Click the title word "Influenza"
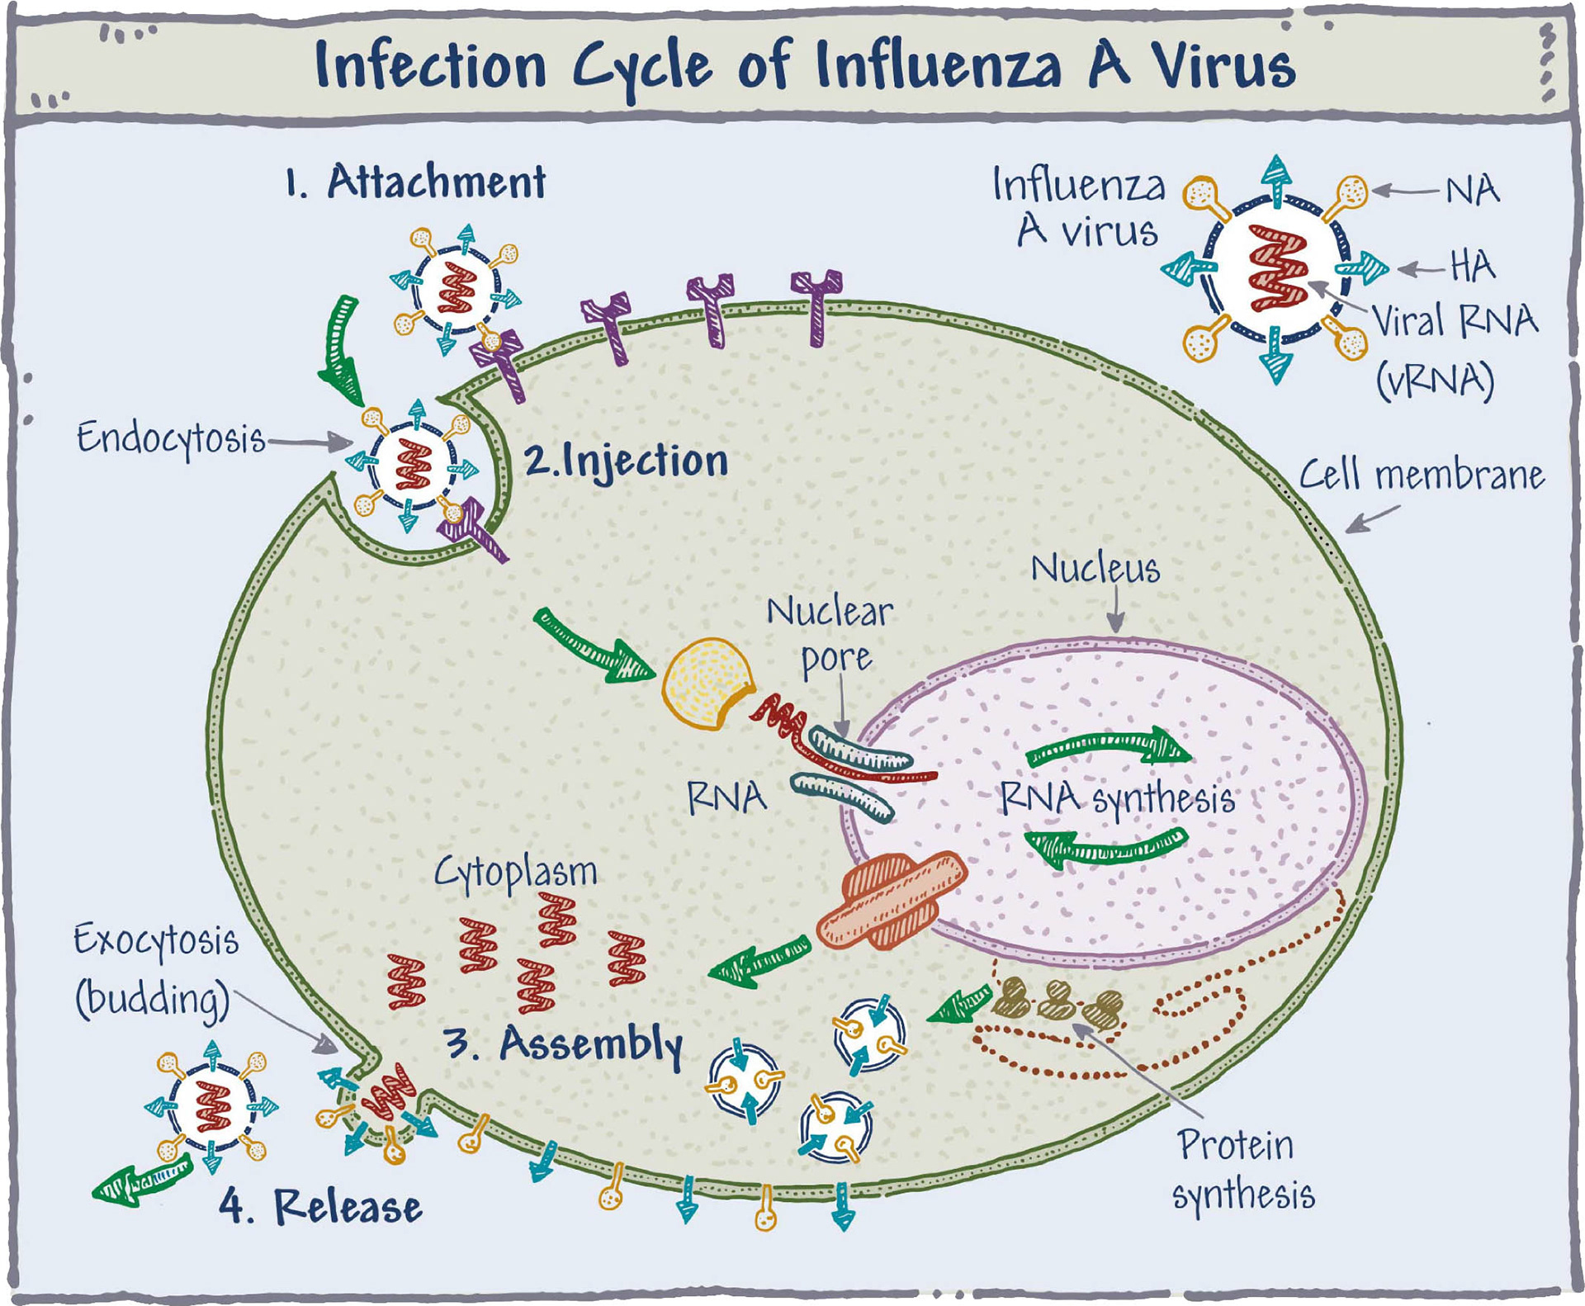(938, 64)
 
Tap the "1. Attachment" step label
(415, 182)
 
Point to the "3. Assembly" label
(564, 1043)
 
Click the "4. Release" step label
(321, 1206)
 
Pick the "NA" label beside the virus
(1472, 192)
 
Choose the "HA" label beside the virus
(1472, 267)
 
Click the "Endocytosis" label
(171, 438)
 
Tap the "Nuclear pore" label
(830, 636)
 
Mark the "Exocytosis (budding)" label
(154, 970)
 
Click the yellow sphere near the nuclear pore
(706, 684)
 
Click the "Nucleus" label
(1095, 570)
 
